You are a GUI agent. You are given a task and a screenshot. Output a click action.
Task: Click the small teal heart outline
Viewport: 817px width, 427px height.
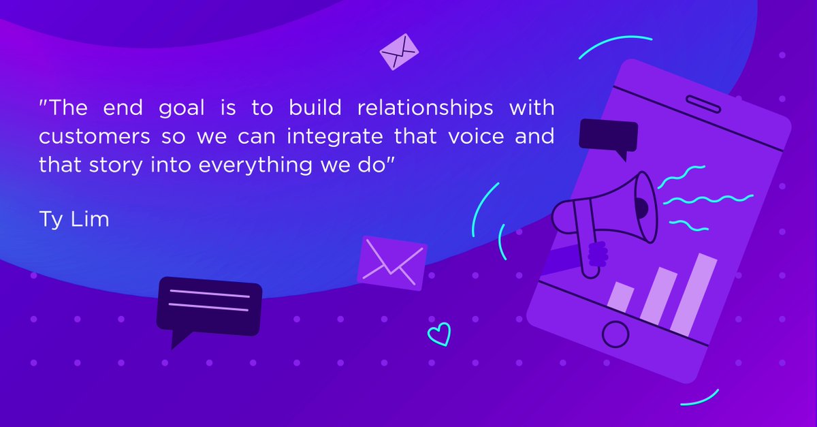point(439,334)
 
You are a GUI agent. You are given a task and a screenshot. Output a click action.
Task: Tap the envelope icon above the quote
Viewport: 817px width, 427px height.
point(399,50)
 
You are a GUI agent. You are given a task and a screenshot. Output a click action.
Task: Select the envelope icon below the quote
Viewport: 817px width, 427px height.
point(391,264)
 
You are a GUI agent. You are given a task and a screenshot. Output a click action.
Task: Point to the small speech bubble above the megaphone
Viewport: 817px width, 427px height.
point(608,136)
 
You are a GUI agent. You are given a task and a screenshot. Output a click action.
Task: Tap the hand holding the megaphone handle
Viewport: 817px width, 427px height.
point(597,255)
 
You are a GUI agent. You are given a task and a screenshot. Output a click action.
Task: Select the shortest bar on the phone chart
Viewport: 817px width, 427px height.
point(621,298)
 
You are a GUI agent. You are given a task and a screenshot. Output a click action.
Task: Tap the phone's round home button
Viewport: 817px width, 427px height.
point(616,334)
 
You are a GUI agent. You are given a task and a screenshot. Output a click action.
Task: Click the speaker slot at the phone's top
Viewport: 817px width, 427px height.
point(703,105)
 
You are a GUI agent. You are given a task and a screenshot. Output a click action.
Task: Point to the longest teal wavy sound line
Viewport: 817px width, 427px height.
point(708,200)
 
